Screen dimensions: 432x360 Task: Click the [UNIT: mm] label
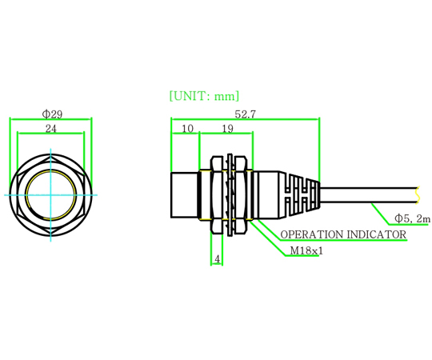pos(204,96)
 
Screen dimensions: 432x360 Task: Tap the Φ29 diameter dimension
pos(52,114)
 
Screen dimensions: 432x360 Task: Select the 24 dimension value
pos(51,128)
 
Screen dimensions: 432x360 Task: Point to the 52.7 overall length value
pos(246,114)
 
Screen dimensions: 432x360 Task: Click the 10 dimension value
pos(187,129)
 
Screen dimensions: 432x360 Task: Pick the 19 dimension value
pos(227,129)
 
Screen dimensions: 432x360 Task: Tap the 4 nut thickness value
pos(218,259)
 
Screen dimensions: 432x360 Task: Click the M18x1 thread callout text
pos(306,250)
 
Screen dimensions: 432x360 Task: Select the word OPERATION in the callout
pos(312,234)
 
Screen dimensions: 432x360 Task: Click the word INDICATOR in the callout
pos(377,234)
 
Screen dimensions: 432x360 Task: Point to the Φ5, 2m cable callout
pos(412,218)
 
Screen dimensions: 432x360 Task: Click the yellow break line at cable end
pos(418,195)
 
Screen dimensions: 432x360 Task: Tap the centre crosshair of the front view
pos(50,195)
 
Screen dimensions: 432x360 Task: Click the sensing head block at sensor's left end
pos(184,195)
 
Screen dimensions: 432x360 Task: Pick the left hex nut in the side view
pos(217,195)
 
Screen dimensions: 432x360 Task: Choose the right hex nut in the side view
pos(240,195)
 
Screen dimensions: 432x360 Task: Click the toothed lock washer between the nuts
pos(230,195)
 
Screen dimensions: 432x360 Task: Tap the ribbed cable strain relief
pos(300,195)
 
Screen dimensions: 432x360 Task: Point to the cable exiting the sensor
pos(369,195)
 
